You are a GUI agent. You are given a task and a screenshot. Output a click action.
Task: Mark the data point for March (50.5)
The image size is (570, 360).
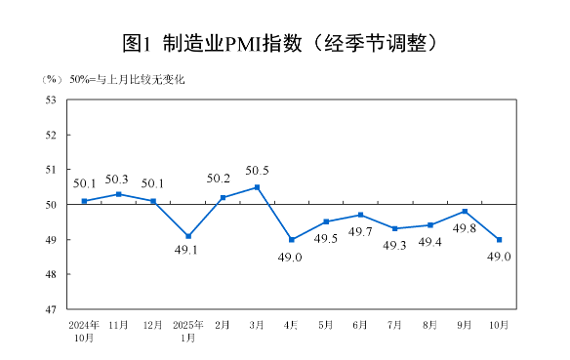258,187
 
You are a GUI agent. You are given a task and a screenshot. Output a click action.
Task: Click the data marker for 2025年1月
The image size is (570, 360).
188,236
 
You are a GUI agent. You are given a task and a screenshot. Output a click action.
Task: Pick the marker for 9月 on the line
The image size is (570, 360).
465,212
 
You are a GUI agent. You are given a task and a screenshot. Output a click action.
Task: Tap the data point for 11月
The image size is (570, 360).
119,194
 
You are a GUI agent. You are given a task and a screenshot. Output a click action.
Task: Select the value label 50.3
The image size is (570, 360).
117,179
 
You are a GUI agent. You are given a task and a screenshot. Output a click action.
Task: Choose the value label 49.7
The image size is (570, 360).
361,231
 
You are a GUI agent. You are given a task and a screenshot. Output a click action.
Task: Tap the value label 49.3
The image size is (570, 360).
394,245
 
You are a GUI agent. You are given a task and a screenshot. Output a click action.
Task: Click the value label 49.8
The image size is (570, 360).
465,229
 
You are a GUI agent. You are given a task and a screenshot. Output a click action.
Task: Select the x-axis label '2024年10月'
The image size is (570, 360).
84,330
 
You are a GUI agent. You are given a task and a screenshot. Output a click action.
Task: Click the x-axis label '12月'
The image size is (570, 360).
153,324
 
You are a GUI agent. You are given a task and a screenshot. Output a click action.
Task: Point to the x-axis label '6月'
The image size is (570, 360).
361,324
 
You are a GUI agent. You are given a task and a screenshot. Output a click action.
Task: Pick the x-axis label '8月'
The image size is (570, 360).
430,324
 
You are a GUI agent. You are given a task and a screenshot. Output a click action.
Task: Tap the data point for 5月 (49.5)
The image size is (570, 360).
326,221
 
